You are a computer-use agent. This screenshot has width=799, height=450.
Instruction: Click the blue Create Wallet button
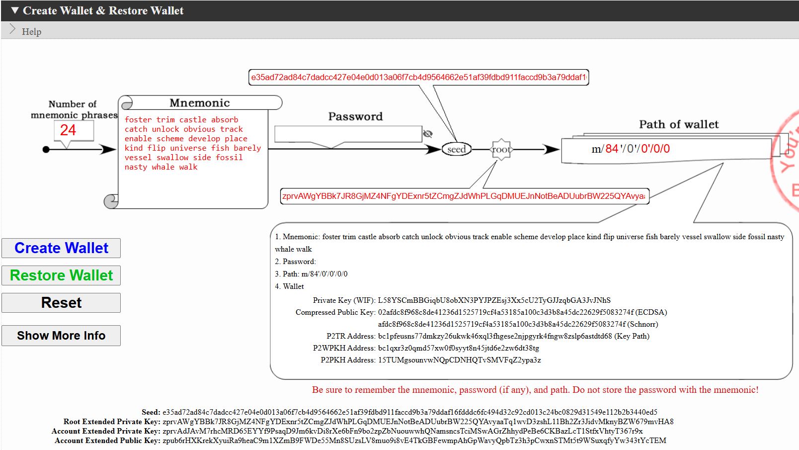(x=61, y=248)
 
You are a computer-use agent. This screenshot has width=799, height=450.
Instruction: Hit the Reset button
(x=61, y=303)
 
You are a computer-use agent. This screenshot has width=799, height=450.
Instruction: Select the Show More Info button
(x=61, y=336)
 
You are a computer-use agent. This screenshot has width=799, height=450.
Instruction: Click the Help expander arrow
(x=13, y=30)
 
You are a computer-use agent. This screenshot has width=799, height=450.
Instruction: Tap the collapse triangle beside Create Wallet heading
(x=15, y=10)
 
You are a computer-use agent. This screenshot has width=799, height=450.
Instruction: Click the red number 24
(x=68, y=130)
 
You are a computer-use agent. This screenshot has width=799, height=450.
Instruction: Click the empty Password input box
(x=348, y=134)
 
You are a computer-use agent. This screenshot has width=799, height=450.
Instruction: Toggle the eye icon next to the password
(x=427, y=134)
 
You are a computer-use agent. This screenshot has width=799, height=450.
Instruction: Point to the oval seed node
(x=456, y=149)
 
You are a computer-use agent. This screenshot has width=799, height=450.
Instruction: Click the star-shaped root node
(x=501, y=149)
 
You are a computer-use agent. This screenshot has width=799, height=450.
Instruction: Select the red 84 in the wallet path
(x=612, y=149)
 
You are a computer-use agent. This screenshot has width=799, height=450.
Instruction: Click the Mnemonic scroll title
(x=200, y=103)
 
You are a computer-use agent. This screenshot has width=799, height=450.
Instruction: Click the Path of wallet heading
(x=679, y=124)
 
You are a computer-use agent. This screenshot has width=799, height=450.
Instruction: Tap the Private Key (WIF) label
(x=343, y=300)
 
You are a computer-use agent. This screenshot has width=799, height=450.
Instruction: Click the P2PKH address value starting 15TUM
(x=459, y=360)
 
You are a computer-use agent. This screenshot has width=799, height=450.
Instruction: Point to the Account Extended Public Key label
(x=107, y=441)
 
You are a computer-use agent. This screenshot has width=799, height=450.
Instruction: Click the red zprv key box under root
(x=464, y=196)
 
